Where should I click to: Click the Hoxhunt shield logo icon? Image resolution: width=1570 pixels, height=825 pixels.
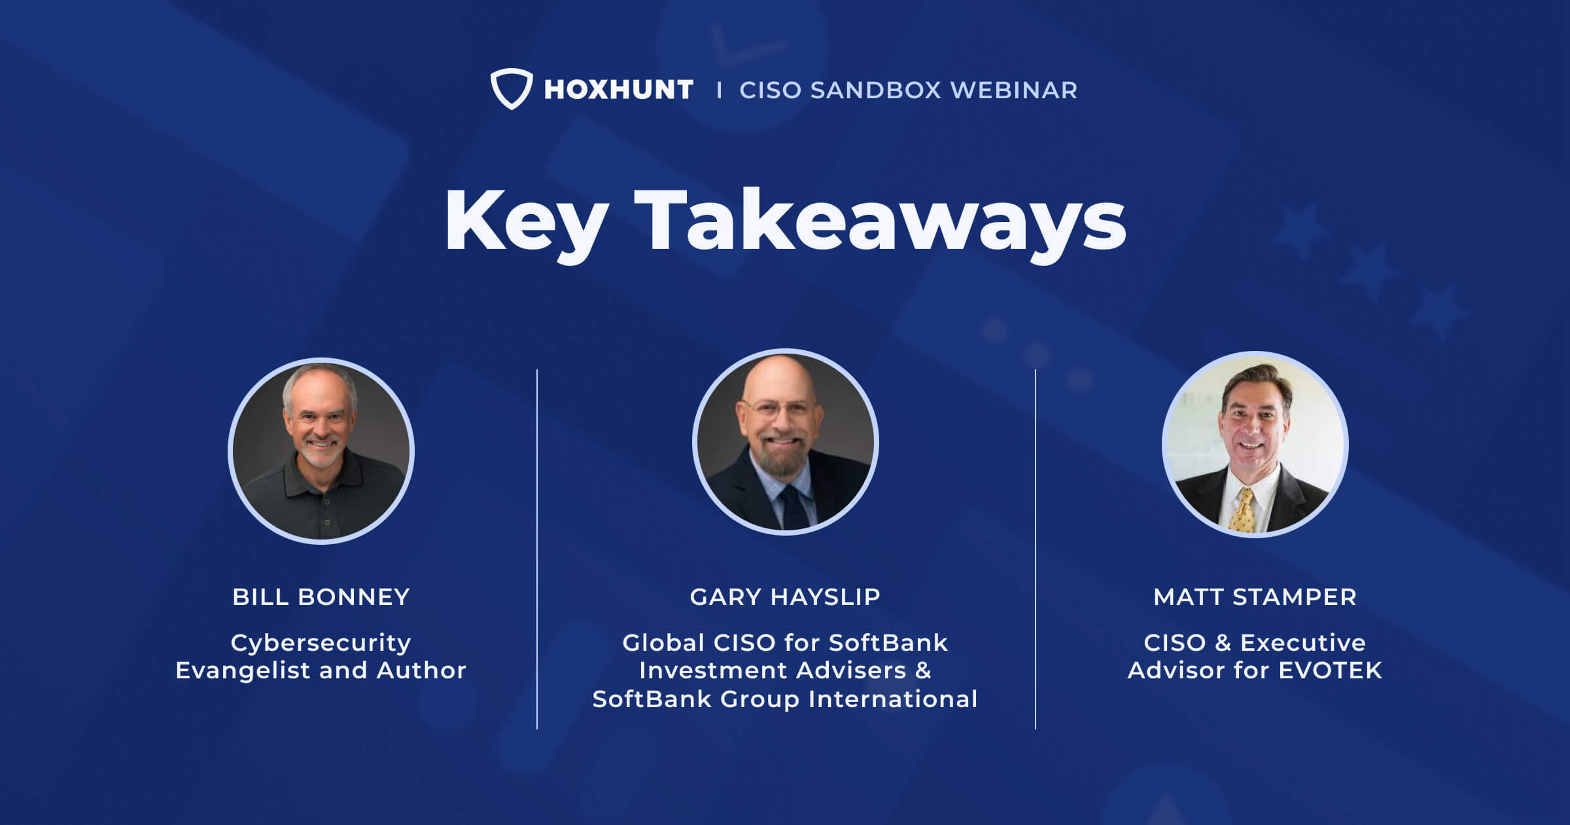click(x=511, y=88)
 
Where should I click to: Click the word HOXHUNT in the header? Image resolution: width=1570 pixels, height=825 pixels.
click(x=618, y=90)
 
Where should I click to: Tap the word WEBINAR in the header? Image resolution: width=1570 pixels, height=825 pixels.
click(x=1013, y=90)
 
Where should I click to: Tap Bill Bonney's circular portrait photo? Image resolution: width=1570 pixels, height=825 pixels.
click(x=321, y=451)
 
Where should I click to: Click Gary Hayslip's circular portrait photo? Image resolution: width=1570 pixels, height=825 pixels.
click(x=785, y=442)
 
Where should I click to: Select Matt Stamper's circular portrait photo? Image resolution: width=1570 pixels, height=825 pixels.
click(x=1255, y=445)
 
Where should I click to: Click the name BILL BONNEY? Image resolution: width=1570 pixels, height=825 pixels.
click(x=321, y=597)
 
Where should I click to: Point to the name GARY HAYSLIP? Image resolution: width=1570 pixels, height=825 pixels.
click(x=785, y=597)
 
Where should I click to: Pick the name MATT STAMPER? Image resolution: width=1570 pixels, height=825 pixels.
click(x=1255, y=597)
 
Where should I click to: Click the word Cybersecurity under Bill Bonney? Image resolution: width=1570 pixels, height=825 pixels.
click(x=321, y=643)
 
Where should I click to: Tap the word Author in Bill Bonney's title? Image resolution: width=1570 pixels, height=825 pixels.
click(x=421, y=670)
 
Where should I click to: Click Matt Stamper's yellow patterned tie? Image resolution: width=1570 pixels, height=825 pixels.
click(x=1242, y=511)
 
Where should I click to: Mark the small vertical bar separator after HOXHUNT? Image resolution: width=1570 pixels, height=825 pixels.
click(x=719, y=90)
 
